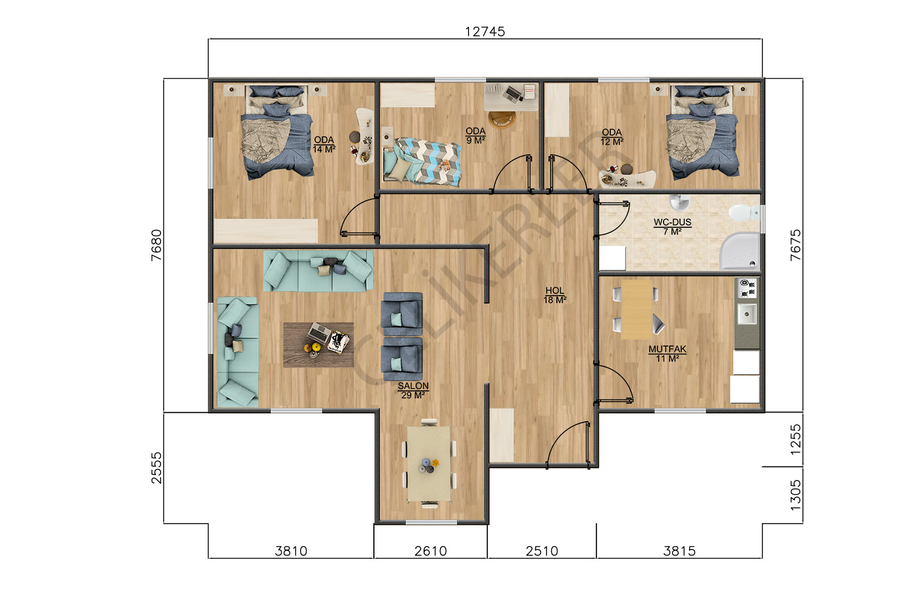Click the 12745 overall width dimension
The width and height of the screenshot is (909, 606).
485,32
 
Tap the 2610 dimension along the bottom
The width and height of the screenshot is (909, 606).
430,551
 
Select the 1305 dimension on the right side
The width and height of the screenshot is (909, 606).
795,494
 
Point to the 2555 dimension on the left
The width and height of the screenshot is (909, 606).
156,468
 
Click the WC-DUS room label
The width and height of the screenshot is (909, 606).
673,222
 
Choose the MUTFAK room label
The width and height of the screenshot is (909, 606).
668,349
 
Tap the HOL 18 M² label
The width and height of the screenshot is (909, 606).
554,295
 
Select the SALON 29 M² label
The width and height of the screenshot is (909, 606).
413,390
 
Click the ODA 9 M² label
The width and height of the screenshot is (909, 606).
476,136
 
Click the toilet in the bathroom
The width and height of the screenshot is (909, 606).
744,212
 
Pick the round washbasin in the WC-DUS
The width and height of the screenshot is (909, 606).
679,202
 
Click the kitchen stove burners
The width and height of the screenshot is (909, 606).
747,288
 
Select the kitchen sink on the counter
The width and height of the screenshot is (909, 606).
747,315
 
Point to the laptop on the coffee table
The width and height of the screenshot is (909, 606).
319,333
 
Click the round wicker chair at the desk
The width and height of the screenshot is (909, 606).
502,119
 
